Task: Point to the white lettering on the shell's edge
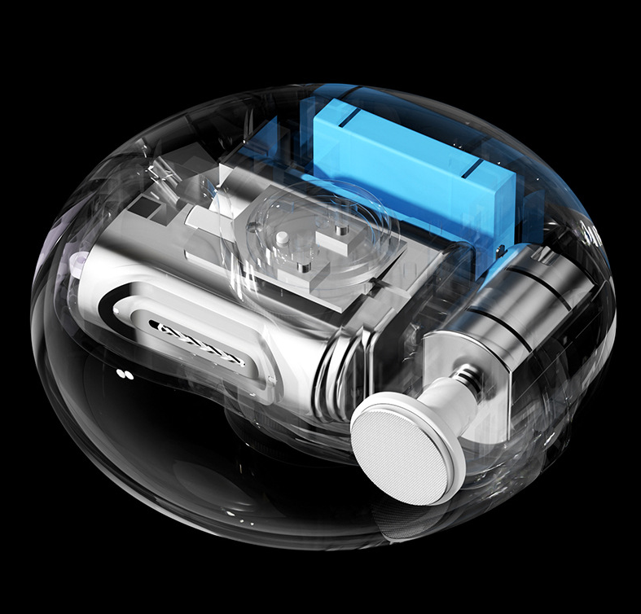[593, 236]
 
